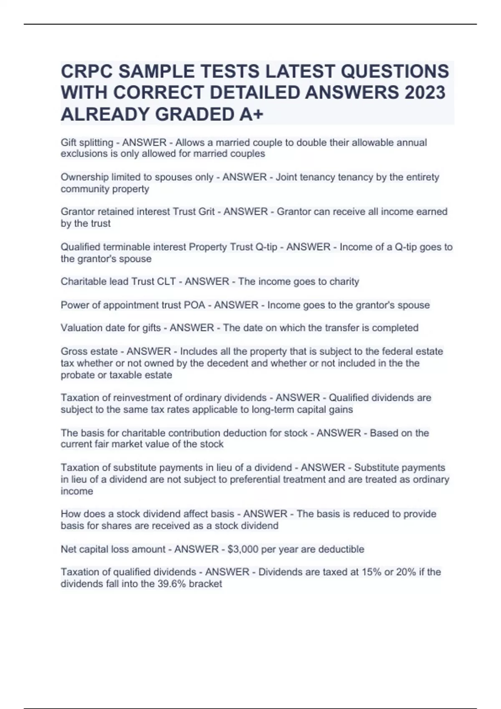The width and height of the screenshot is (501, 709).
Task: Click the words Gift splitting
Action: (x=87, y=143)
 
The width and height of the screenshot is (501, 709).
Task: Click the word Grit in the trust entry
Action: (x=206, y=211)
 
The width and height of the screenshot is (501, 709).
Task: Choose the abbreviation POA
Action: (x=195, y=305)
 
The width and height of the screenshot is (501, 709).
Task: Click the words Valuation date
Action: (x=90, y=328)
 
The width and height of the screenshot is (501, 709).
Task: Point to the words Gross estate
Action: (x=89, y=351)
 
